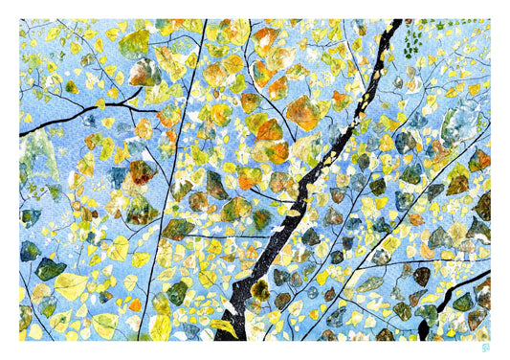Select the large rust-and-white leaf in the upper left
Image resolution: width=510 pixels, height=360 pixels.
[145, 71]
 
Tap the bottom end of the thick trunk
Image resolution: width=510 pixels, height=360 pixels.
[230, 337]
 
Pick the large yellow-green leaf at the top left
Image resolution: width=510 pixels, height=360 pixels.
[135, 42]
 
